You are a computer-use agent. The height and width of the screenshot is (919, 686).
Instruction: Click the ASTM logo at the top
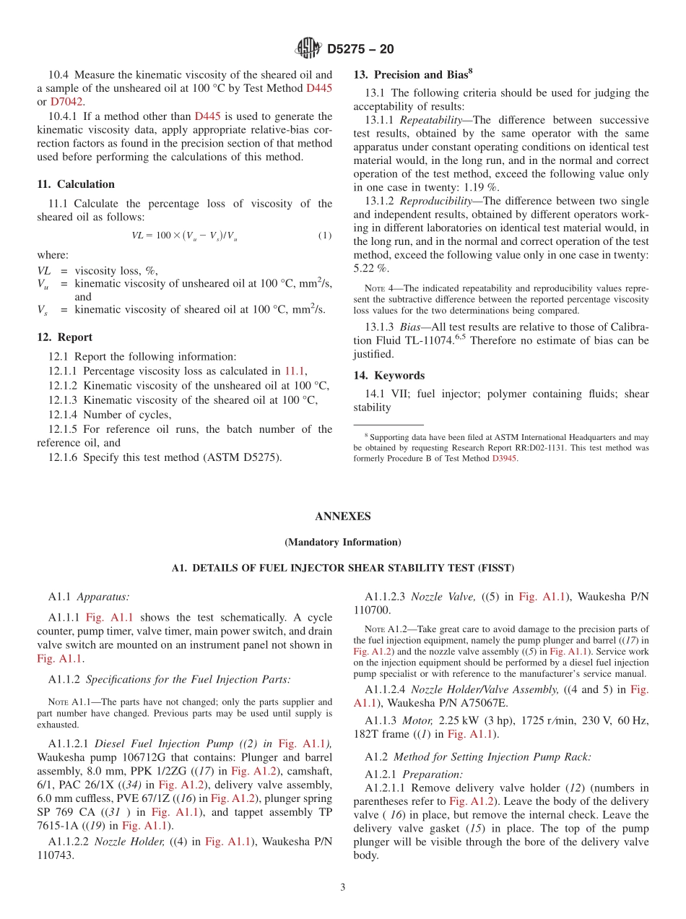[x=308, y=48]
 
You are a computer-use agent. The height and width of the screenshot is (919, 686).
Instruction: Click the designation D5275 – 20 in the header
[x=360, y=49]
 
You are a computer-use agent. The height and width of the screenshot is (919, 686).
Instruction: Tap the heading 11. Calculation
[x=76, y=184]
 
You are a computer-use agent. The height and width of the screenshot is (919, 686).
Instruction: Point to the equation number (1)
[x=325, y=236]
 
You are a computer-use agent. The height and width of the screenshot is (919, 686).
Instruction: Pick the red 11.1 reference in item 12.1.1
[x=294, y=371]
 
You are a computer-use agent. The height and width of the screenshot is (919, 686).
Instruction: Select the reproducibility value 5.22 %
[x=370, y=268]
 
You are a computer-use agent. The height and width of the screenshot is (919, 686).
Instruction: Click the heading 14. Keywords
[x=388, y=376]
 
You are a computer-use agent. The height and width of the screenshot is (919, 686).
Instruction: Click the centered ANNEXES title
[x=342, y=517]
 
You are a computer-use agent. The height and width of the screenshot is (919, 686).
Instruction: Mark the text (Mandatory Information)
[x=342, y=543]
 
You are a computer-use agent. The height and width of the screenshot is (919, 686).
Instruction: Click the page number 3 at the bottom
[x=343, y=887]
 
